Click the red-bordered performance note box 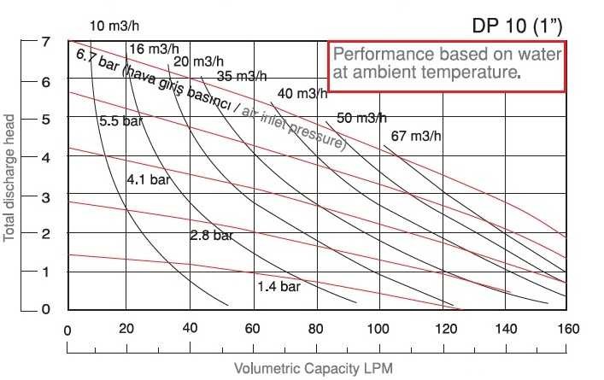coord(447,65)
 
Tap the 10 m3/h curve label coord(114,25)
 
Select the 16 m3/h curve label coord(155,48)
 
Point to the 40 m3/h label coord(302,93)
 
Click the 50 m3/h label coord(361,118)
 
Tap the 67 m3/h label coord(416,137)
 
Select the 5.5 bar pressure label coord(120,122)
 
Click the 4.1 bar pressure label coord(148,180)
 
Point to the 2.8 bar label coord(211,234)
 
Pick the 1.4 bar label coord(279,286)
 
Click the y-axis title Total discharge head coord(11,174)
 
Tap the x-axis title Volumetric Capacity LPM coord(314,368)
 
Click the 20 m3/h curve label coord(196,61)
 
